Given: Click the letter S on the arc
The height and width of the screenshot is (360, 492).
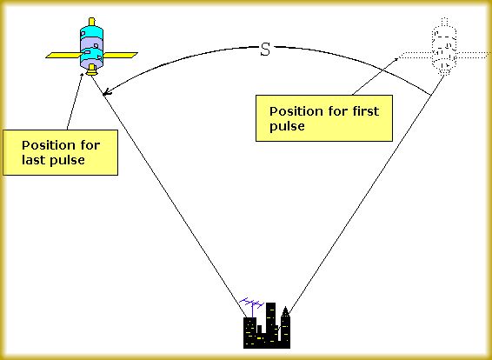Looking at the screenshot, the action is click(x=265, y=50).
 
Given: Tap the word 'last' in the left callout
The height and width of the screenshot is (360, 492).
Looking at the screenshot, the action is click(x=32, y=160).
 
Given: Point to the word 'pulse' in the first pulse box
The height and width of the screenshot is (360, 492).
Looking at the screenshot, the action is click(x=287, y=127).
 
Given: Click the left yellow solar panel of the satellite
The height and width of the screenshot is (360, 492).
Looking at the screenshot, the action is click(x=63, y=56).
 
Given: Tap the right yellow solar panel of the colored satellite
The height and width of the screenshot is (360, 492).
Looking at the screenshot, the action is click(x=120, y=56).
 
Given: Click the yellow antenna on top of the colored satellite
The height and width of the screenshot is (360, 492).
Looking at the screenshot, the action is click(x=91, y=22).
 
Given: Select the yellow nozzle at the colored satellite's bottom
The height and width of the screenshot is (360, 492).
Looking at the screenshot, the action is click(x=91, y=70).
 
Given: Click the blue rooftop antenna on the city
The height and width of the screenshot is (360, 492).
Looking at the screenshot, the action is click(x=251, y=306).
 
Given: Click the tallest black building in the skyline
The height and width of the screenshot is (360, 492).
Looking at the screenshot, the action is click(x=271, y=325).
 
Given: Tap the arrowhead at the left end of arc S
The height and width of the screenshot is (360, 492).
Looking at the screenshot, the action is click(x=107, y=91).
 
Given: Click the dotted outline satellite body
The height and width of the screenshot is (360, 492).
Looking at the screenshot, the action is click(x=444, y=47).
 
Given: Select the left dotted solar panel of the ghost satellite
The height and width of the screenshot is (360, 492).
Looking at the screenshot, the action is click(x=416, y=56).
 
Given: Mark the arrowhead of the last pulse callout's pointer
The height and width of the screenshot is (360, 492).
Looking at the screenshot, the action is click(x=83, y=76).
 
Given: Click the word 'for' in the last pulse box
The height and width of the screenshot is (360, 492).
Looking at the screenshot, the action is click(x=90, y=145).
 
